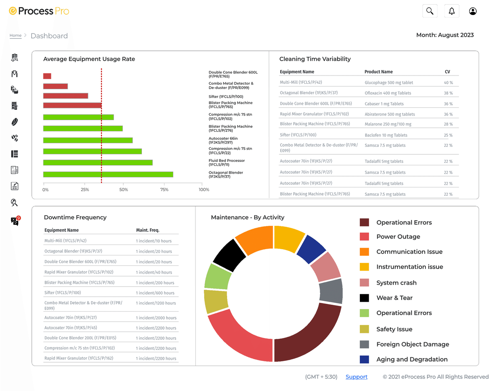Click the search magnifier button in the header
coord(430,11)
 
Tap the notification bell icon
coord(452,11)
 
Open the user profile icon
coord(473,11)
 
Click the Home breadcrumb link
coord(15,35)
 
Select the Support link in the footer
coord(357,377)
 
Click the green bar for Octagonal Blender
coord(108,174)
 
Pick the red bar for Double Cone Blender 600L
coord(47,76)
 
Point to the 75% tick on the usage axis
coord(164,190)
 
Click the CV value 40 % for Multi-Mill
coord(448,83)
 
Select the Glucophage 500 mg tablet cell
coord(389,83)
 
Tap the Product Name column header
coord(378,72)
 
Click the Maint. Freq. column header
coord(147,230)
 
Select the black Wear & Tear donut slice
coord(230,255)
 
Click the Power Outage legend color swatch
coord(364,237)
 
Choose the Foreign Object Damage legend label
coord(412,344)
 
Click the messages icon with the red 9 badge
coord(15,221)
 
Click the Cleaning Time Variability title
coord(315,59)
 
